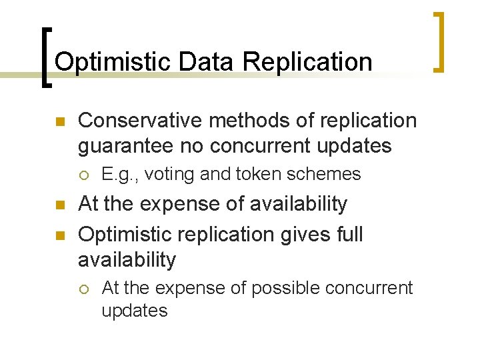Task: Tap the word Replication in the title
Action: [307, 62]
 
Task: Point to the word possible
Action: [287, 288]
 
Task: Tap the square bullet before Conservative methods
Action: [59, 122]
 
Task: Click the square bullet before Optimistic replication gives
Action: [59, 235]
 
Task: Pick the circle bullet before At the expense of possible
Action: [83, 289]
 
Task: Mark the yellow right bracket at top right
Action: [438, 41]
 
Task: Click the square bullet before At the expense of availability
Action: [59, 205]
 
